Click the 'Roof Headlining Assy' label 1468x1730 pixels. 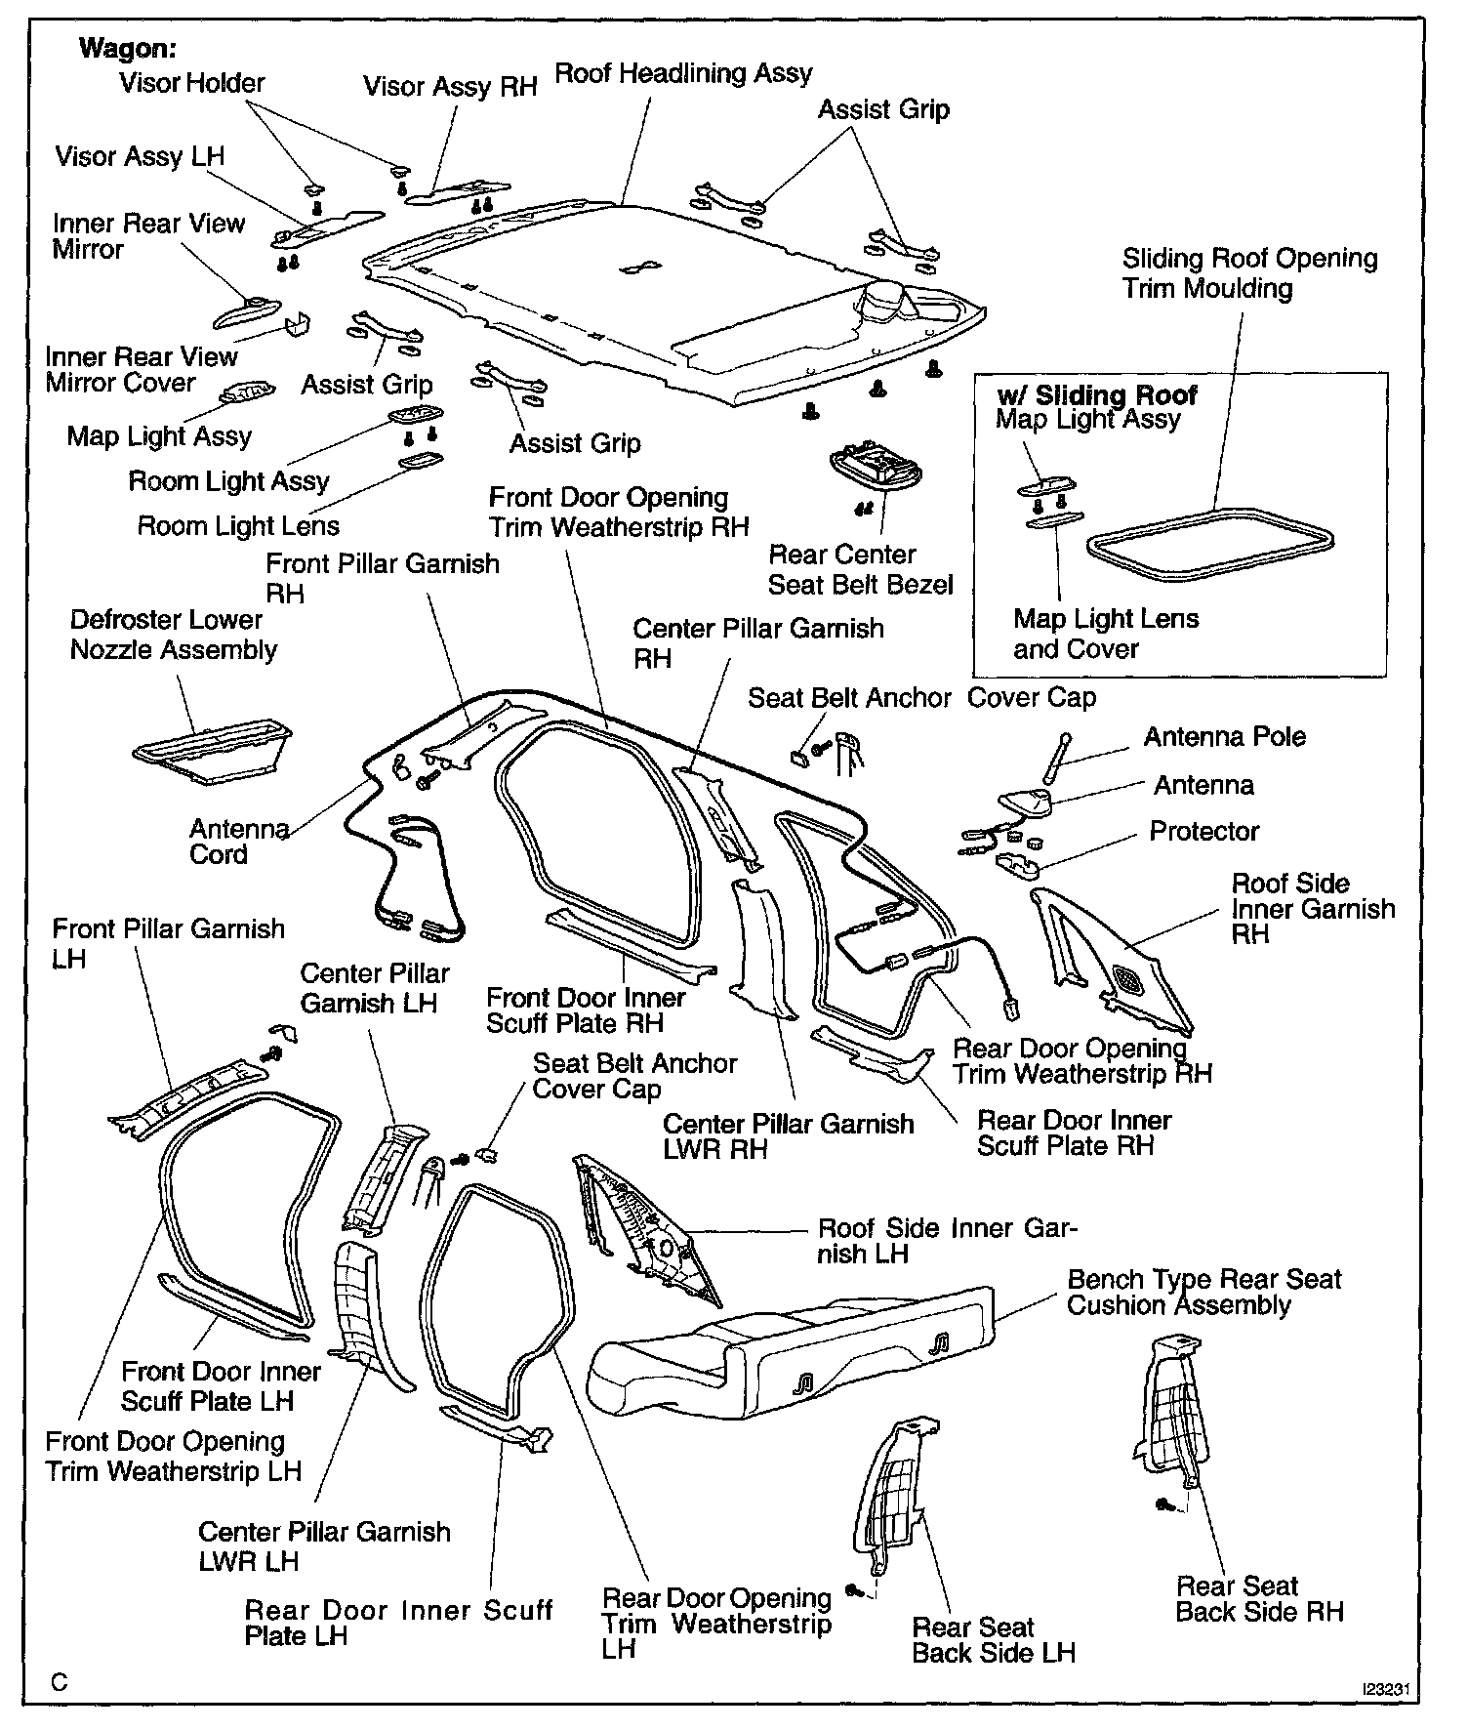pos(683,73)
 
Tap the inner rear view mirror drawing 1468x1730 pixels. pos(244,313)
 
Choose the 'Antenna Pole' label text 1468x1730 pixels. pos(1224,737)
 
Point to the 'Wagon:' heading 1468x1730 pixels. pos(127,48)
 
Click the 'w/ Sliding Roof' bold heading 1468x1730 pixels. pos(1096,395)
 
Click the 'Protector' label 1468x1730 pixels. pos(1203,832)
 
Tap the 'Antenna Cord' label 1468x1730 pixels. pos(237,842)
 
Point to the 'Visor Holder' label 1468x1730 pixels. pos(191,84)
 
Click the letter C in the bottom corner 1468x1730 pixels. pos(61,1682)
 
